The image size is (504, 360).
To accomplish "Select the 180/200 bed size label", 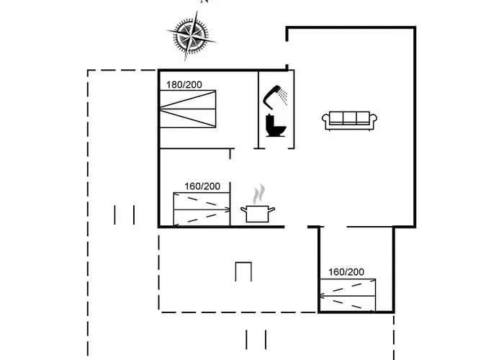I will coord(184,85).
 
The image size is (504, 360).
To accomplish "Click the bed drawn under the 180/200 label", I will coord(187,110).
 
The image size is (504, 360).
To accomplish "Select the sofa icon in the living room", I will coord(350,120).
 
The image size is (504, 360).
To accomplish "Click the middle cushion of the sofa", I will coord(350,118).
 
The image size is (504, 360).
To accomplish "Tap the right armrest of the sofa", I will coord(374,121).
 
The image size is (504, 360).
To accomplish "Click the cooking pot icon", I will coord(260,213).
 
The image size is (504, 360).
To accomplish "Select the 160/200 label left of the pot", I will coord(202,186).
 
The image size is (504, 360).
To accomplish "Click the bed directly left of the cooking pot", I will coord(202,210).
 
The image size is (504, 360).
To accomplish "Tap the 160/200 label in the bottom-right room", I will coord(346,272).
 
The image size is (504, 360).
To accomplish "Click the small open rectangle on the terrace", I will coord(243,272).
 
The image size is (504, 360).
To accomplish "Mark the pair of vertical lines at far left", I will coord(125,215).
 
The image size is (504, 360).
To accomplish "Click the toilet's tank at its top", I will coord(274,117).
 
